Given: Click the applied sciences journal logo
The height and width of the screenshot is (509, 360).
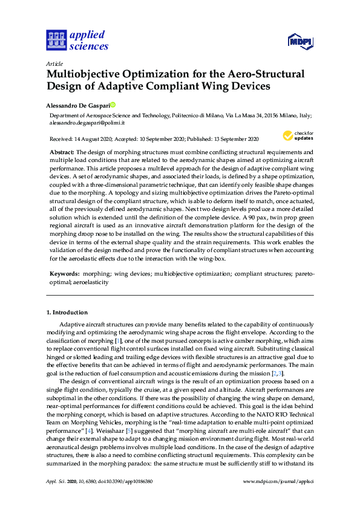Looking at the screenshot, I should pyautogui.click(x=76, y=40).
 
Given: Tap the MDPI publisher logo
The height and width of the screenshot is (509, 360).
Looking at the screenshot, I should pyautogui.click(x=299, y=41).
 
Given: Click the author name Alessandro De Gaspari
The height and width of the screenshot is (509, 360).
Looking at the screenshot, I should pyautogui.click(x=77, y=105).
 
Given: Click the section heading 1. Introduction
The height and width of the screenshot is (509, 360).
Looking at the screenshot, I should pyautogui.click(x=67, y=313).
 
